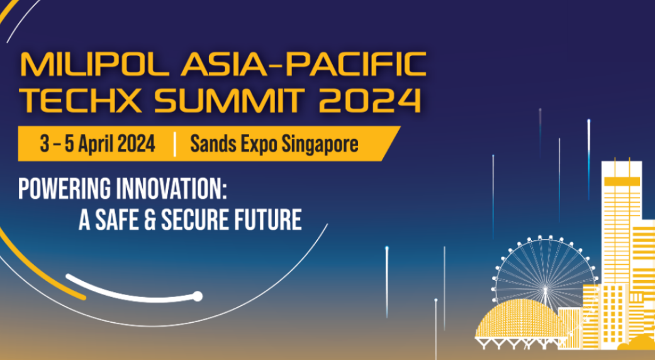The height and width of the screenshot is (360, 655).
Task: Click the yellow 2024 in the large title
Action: (370, 100)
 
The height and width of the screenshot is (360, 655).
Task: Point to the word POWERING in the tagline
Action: (65, 189)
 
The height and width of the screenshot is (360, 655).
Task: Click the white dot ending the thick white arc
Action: (198, 296)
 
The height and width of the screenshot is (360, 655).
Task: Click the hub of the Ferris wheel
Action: (545, 289)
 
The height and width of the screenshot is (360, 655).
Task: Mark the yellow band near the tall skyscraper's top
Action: (622, 181)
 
